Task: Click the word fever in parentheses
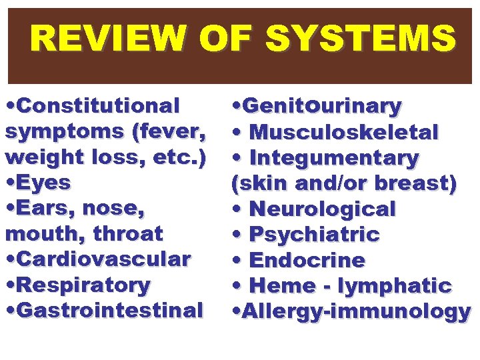168,131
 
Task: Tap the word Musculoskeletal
343,132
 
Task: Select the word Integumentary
333,158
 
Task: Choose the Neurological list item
322,209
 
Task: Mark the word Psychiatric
313,235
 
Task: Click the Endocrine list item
307,260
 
